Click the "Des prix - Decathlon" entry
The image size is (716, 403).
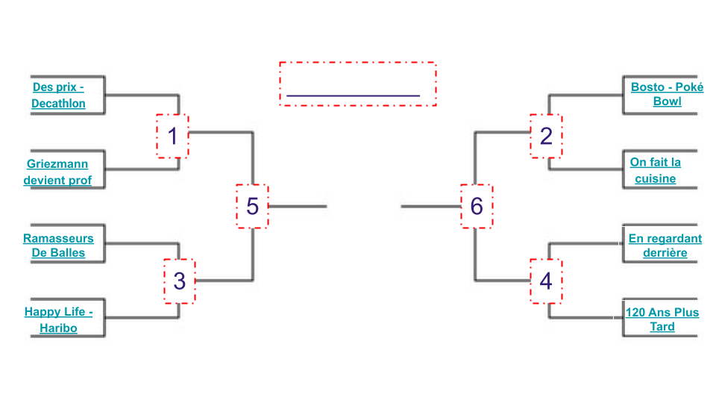(58, 96)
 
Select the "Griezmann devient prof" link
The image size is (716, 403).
(57, 172)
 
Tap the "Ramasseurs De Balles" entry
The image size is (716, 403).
(58, 246)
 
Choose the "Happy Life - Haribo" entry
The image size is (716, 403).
(58, 320)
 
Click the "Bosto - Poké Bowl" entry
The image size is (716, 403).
(667, 94)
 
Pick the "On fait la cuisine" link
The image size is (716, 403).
(656, 170)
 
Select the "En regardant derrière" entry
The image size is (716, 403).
(665, 246)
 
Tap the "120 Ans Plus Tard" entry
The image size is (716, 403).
(662, 319)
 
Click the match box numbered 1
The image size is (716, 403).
(173, 136)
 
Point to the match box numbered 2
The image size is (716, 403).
(546, 136)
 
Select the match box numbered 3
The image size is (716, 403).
(179, 281)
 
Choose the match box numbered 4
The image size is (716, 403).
(546, 281)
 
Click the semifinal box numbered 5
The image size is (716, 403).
(252, 205)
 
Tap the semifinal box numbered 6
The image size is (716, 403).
(477, 205)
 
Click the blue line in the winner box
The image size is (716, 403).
(353, 96)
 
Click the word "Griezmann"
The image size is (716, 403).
(57, 164)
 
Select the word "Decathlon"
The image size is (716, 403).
(58, 104)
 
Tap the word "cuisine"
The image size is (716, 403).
(656, 179)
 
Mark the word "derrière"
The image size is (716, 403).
(665, 253)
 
